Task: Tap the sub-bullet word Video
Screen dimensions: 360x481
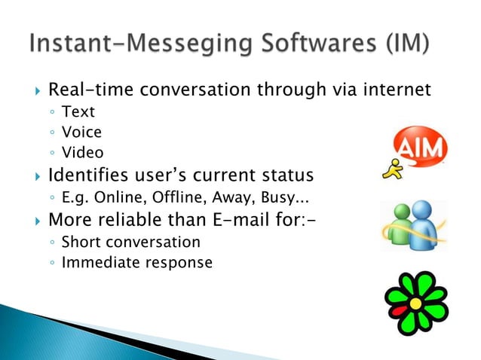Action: click(82, 153)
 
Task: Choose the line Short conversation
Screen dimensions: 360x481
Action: click(130, 243)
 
